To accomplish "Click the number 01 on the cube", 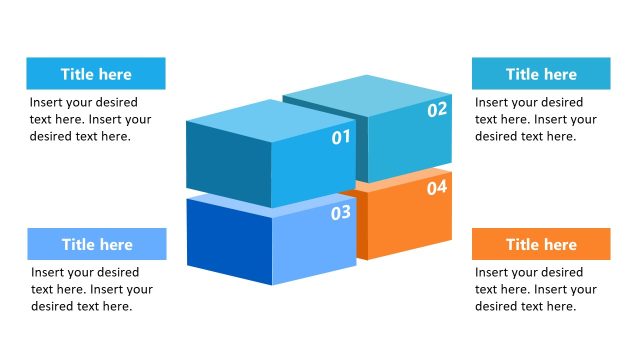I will tap(341, 137).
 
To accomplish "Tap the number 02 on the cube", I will tap(437, 110).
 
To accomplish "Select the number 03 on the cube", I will tap(341, 212).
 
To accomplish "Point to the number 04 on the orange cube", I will tap(437, 187).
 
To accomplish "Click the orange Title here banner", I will tap(541, 244).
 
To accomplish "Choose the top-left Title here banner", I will tap(96, 73).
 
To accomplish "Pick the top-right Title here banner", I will tap(541, 73).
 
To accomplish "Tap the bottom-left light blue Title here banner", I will tap(96, 244).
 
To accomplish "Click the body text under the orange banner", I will tap(535, 289).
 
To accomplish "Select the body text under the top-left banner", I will tap(90, 119).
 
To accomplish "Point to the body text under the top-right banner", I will tap(535, 119).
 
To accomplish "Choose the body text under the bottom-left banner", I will tap(91, 289).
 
